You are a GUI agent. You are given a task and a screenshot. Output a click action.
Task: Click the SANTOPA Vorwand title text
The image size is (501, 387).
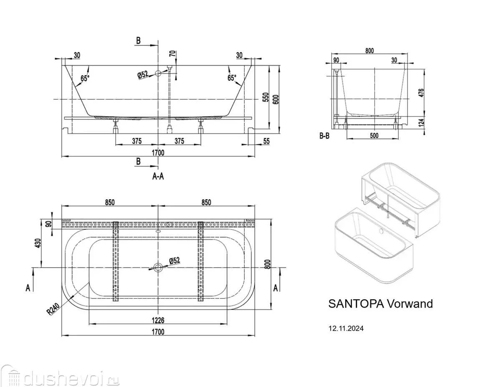tap(380, 304)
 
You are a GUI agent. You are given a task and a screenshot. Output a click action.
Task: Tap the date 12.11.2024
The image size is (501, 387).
tap(346, 329)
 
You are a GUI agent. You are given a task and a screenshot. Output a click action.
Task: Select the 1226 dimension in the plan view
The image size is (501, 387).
tap(158, 320)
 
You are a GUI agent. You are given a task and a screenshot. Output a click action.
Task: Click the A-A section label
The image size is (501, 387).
tap(158, 177)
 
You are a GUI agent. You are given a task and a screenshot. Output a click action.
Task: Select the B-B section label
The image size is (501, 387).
tap(325, 136)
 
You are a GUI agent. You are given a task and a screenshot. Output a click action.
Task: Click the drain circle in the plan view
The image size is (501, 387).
tap(158, 267)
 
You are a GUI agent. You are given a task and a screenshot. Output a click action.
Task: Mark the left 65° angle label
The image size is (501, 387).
tap(85, 78)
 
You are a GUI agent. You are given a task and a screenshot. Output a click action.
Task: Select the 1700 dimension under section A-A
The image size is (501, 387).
tap(158, 153)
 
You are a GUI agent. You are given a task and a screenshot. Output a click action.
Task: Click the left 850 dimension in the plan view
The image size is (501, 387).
tap(109, 202)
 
